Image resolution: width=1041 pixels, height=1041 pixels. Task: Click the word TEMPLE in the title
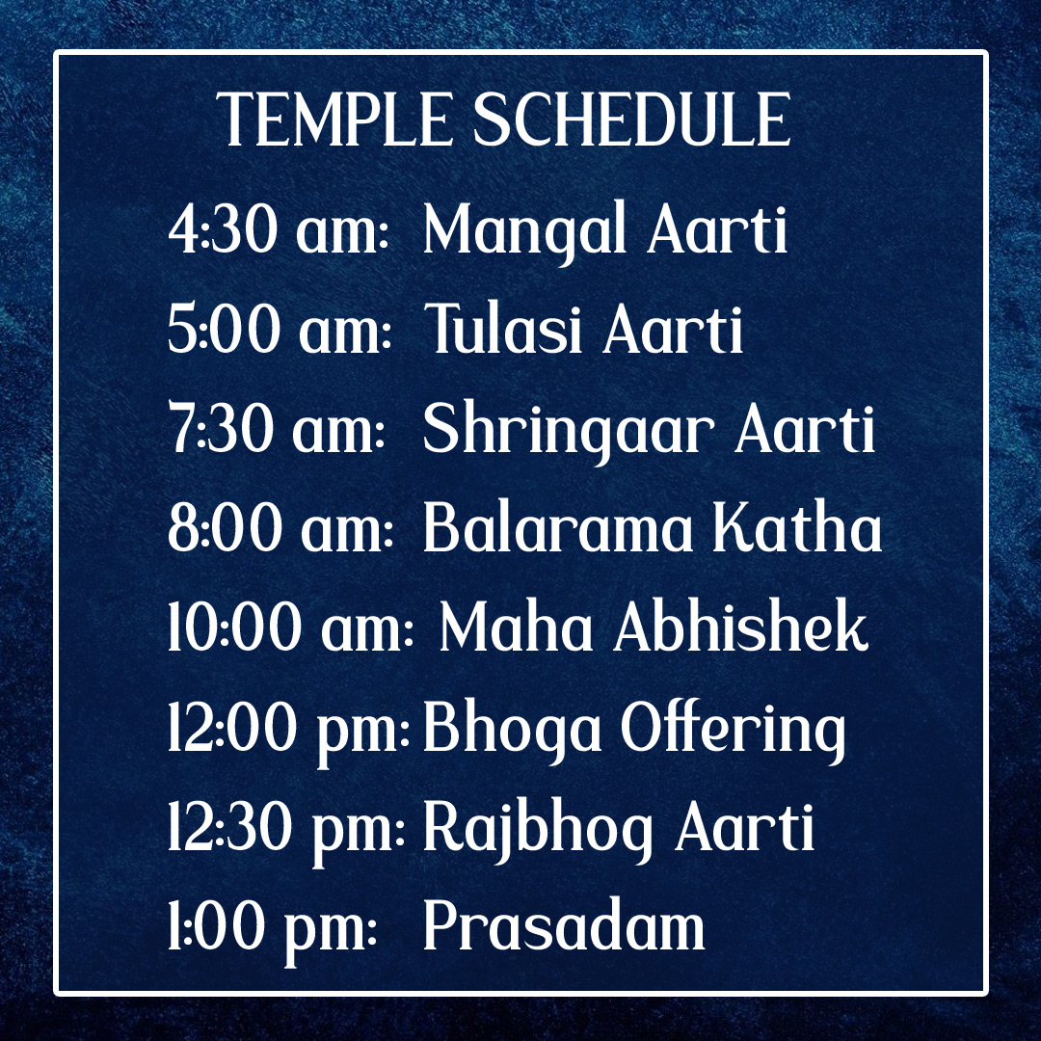pyautogui.click(x=334, y=120)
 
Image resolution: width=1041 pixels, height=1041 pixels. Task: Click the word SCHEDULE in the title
pyautogui.click(x=631, y=120)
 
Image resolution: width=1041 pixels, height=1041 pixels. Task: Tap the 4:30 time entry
pyautogui.click(x=223, y=230)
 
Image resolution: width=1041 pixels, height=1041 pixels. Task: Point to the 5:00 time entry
pyautogui.click(x=224, y=330)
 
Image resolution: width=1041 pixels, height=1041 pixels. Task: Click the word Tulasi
pyautogui.click(x=504, y=328)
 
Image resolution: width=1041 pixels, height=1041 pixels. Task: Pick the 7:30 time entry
pyautogui.click(x=221, y=429)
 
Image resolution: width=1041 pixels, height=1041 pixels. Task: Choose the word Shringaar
pyautogui.click(x=569, y=432)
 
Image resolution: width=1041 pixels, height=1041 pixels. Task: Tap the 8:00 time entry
pyautogui.click(x=225, y=528)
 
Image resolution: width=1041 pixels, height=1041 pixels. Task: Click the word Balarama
pyautogui.click(x=558, y=527)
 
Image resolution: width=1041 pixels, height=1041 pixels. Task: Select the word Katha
pyautogui.click(x=797, y=527)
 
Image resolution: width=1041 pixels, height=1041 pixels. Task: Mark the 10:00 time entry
pyautogui.click(x=235, y=628)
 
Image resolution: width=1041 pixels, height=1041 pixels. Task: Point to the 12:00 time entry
pyautogui.click(x=233, y=728)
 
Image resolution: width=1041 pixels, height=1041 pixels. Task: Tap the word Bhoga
pyautogui.click(x=512, y=731)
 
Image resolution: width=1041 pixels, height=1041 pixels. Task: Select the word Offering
pyautogui.click(x=734, y=731)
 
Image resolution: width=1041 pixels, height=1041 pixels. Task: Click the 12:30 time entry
pyautogui.click(x=230, y=827)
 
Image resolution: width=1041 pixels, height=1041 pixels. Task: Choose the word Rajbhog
pyautogui.click(x=538, y=830)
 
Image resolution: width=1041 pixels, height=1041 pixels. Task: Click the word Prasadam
pyautogui.click(x=564, y=925)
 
